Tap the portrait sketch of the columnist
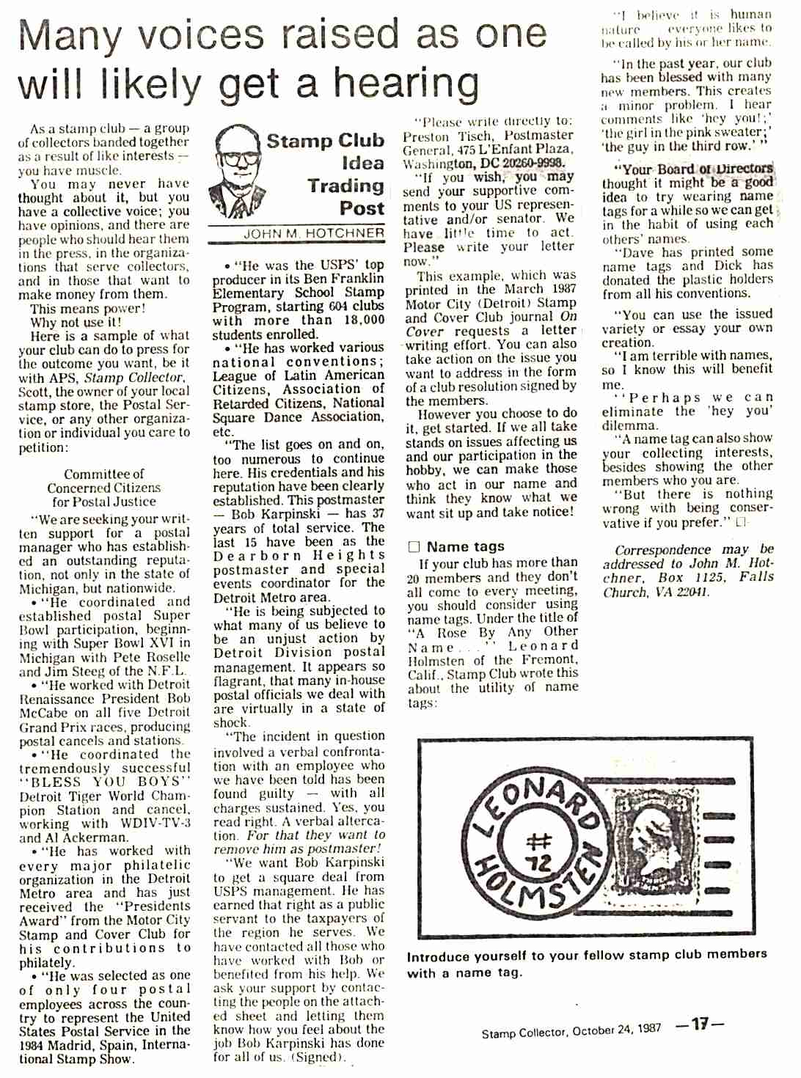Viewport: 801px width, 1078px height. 236,172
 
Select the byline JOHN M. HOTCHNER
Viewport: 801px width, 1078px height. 313,234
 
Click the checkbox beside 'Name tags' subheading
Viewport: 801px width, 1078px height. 414,546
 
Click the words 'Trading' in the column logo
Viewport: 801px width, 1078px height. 345,186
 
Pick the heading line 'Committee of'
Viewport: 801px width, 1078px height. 103,474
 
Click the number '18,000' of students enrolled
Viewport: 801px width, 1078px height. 359,320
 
